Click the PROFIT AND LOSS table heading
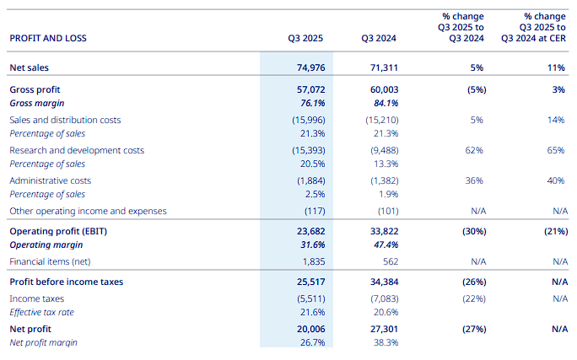tap(48, 38)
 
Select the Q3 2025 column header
tap(305, 38)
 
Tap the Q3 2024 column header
tap(379, 38)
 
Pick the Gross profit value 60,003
tap(381, 89)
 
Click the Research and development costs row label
tap(77, 150)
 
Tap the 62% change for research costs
tap(473, 150)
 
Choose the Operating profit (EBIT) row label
tap(58, 231)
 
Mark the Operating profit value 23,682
tap(309, 231)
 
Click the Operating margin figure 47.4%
tap(385, 244)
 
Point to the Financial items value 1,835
tap(313, 261)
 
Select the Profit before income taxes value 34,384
tap(381, 282)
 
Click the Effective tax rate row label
tap(42, 312)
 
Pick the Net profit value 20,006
tap(309, 329)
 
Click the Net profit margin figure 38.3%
tap(385, 342)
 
